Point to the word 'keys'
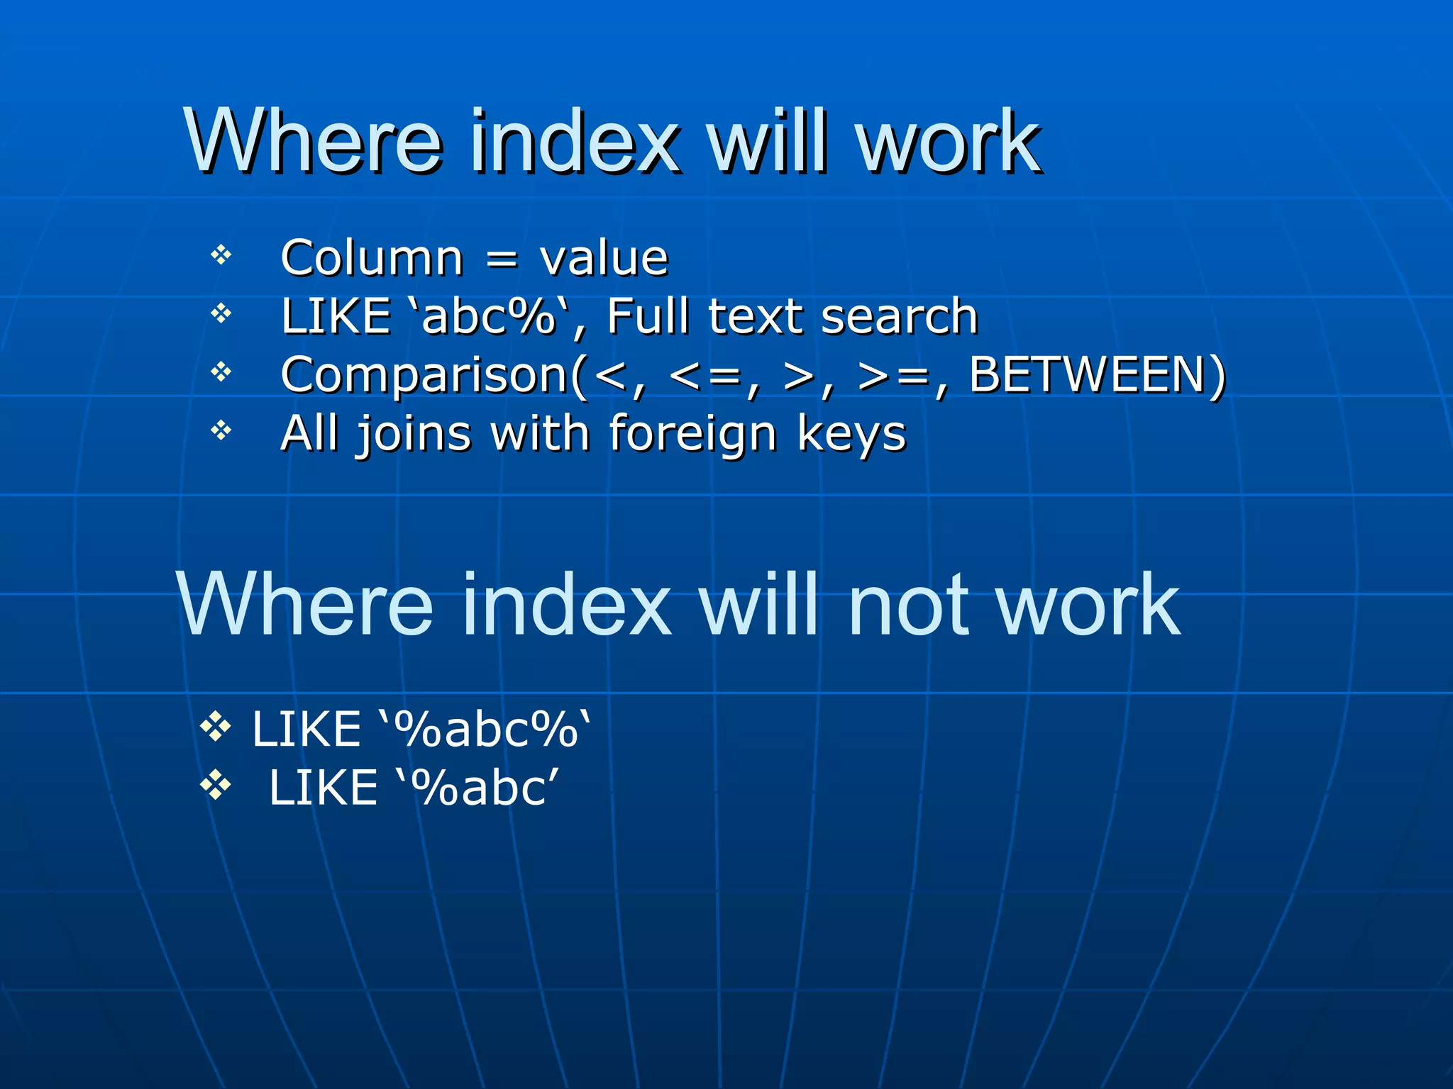tap(851, 434)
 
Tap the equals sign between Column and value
tap(502, 259)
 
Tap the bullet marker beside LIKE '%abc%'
tap(216, 726)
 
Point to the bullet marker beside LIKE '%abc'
tap(216, 785)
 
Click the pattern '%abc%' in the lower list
tap(486, 730)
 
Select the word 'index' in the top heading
tap(575, 142)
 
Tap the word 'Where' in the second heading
tap(306, 607)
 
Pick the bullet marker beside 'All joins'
tap(221, 430)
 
